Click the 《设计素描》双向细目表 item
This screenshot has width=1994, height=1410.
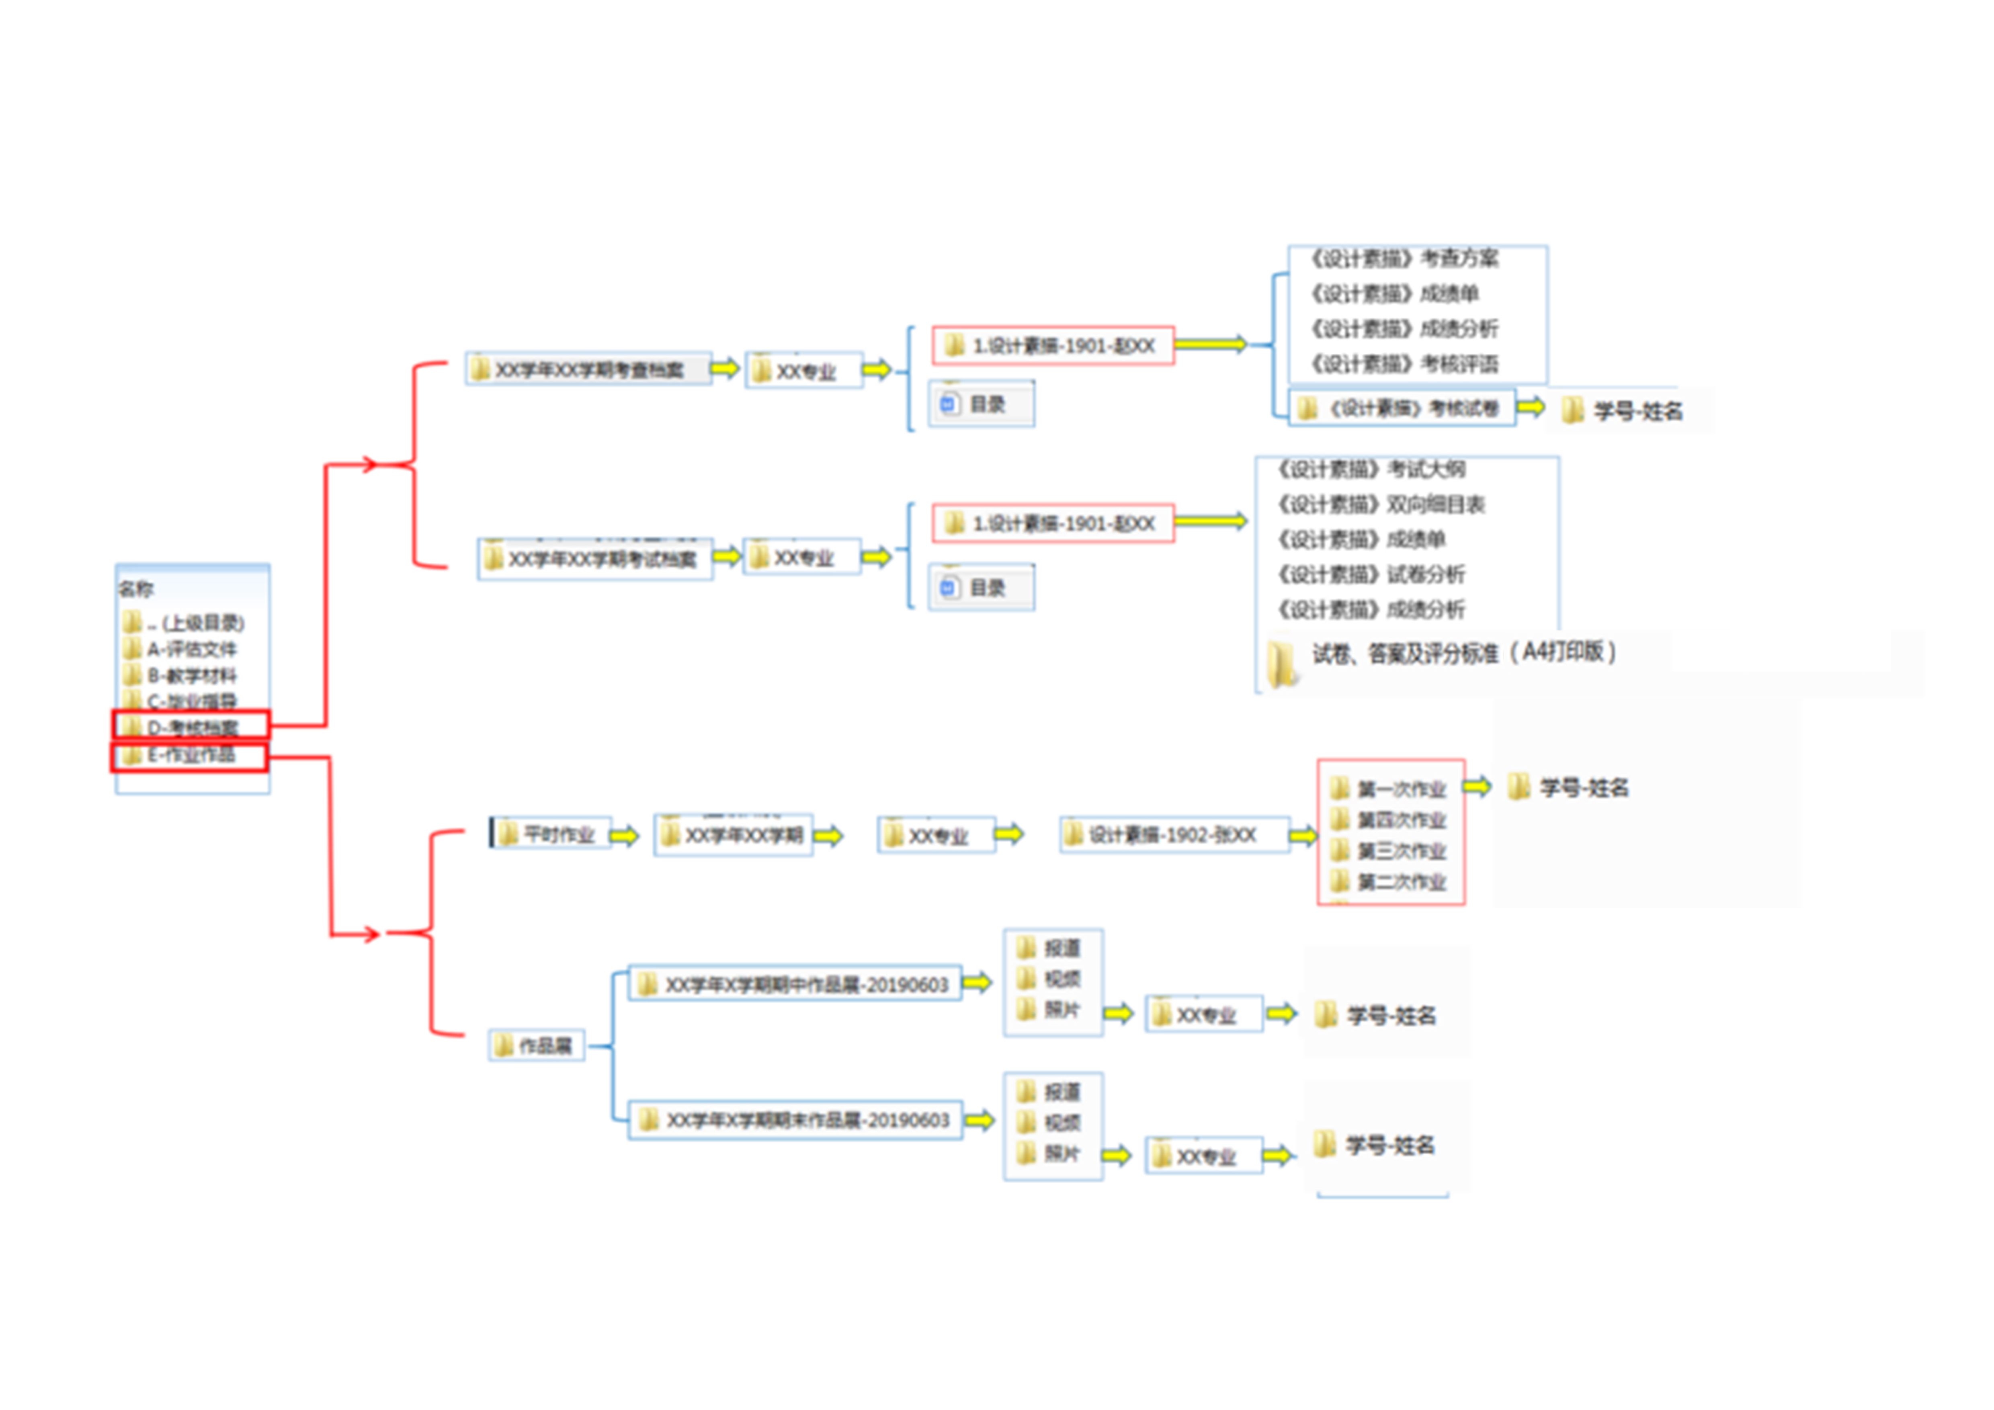tap(1381, 504)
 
